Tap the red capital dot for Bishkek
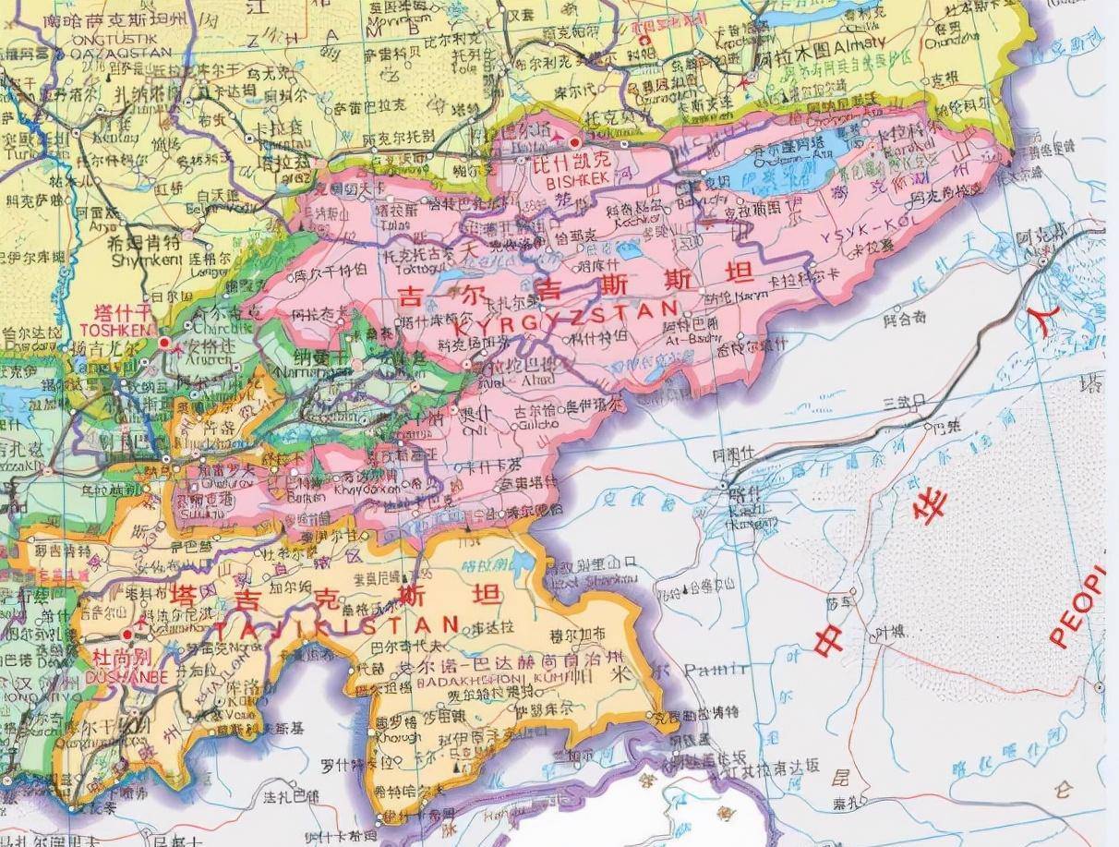point(575,143)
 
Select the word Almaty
point(860,42)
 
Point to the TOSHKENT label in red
point(115,328)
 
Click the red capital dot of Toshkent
point(164,343)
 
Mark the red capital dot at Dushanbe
point(127,635)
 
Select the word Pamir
point(724,670)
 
